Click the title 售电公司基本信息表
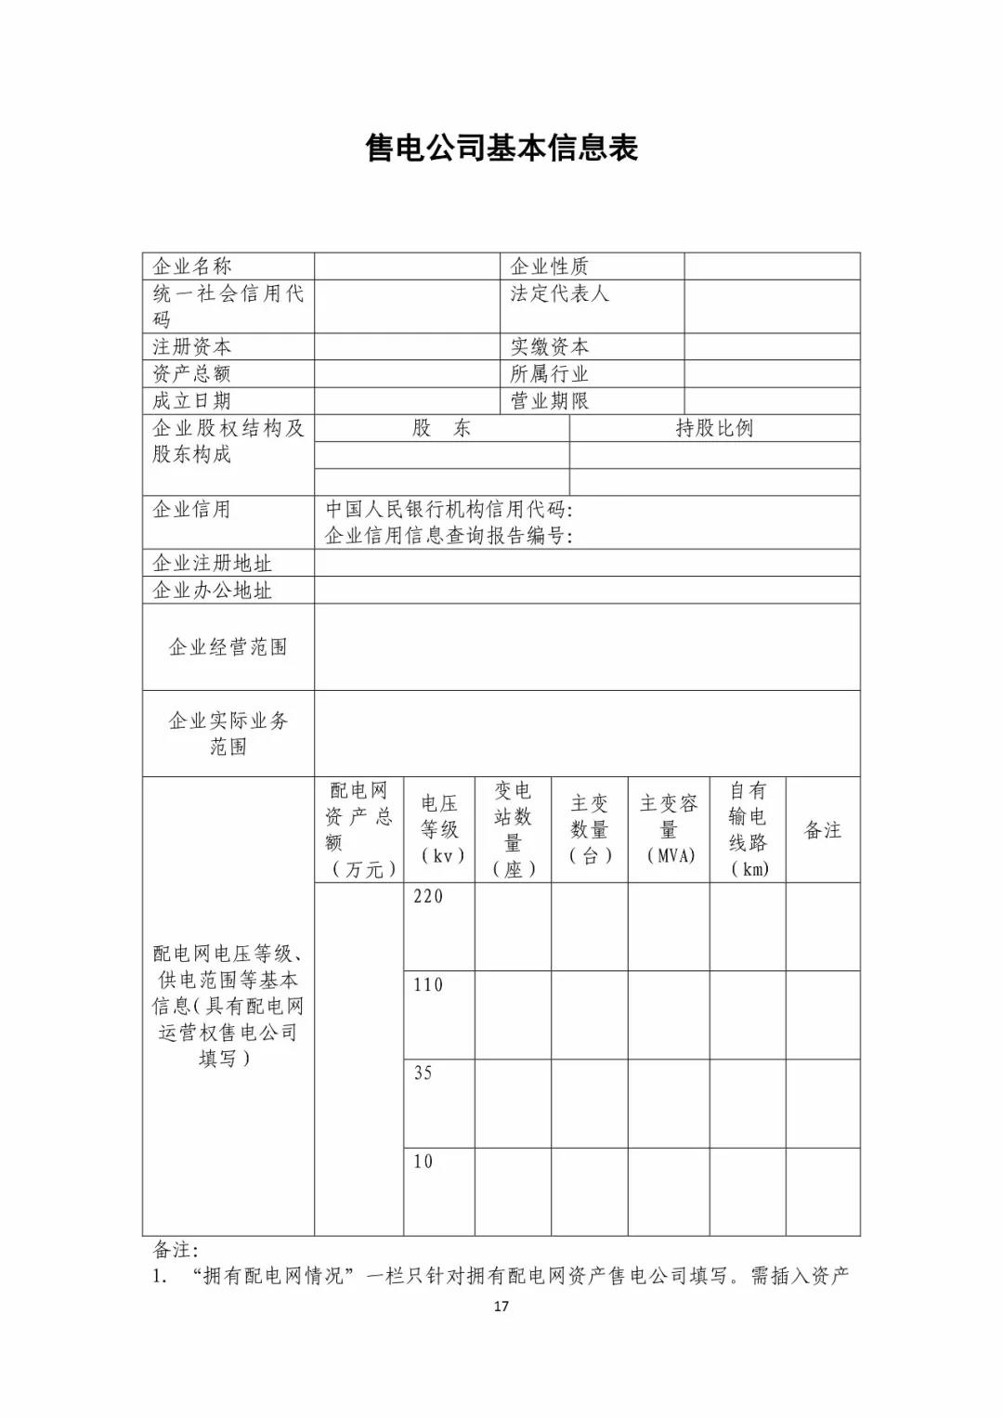pos(501,148)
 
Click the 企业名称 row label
pos(192,266)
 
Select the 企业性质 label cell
pos(549,266)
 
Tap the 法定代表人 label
pos(559,293)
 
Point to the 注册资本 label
pos(192,347)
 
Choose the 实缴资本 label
pos(549,347)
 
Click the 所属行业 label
pos(549,374)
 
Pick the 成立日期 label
pos(192,401)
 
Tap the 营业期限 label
pos(549,401)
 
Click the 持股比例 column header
pos(713,428)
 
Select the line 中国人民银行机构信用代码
pos(449,510)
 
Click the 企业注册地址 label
pos(213,564)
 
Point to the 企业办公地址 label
pos(213,591)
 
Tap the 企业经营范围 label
pos(228,647)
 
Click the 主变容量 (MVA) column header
pos(669,829)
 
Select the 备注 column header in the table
pos(822,830)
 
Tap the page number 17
pos(501,1306)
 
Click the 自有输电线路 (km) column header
pos(748,829)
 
